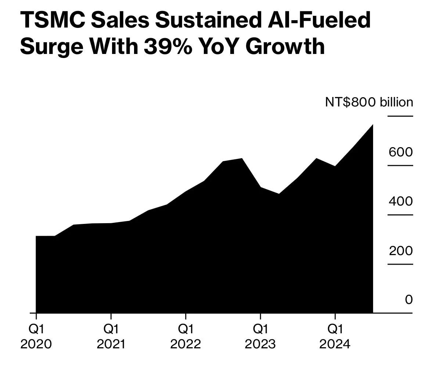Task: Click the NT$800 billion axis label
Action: coord(369,102)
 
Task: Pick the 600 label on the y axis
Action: coord(401,152)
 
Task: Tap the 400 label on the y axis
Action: coord(401,201)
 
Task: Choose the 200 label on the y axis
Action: coord(401,251)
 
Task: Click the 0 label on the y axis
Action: coord(409,300)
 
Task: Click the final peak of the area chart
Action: coord(372,125)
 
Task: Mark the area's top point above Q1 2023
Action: coord(260,187)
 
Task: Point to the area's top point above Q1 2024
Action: coord(335,166)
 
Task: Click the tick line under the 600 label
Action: coord(400,166)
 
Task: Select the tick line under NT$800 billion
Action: coord(400,116)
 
